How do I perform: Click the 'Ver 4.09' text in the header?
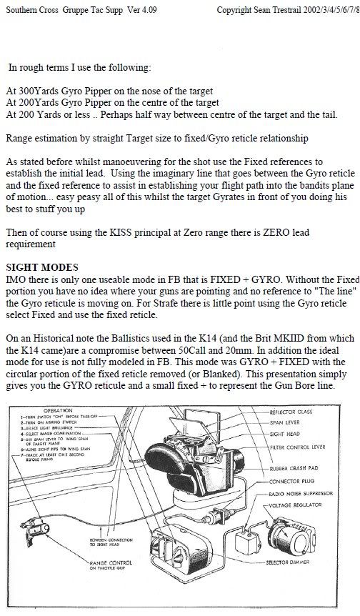coord(143,12)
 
